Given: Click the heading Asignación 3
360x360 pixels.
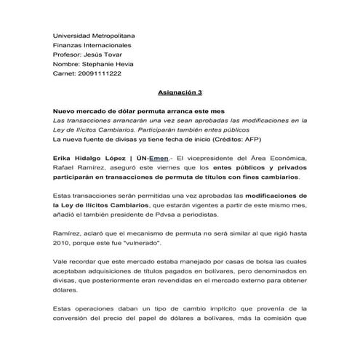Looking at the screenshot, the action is coord(180,93).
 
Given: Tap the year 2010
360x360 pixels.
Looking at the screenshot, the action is coord(65,244).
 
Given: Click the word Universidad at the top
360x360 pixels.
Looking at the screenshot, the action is coord(75,36).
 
